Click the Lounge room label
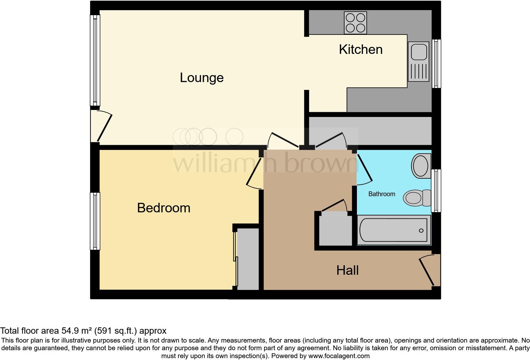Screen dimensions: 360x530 pos(202,78)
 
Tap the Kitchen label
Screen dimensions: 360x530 pos(361,50)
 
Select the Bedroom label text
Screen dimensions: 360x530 pos(164,208)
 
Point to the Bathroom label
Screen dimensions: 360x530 pos(382,194)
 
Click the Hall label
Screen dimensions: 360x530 pos(347,270)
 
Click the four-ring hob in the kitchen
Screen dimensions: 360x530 pos(355,23)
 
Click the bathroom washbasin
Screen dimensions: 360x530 pos(421,165)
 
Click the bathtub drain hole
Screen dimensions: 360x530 pos(421,230)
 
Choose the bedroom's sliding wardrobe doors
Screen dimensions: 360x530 pos(236,258)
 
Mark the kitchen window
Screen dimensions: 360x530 pos(436,63)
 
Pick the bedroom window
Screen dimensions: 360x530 pos(95,221)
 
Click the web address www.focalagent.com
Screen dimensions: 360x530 pos(339,356)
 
